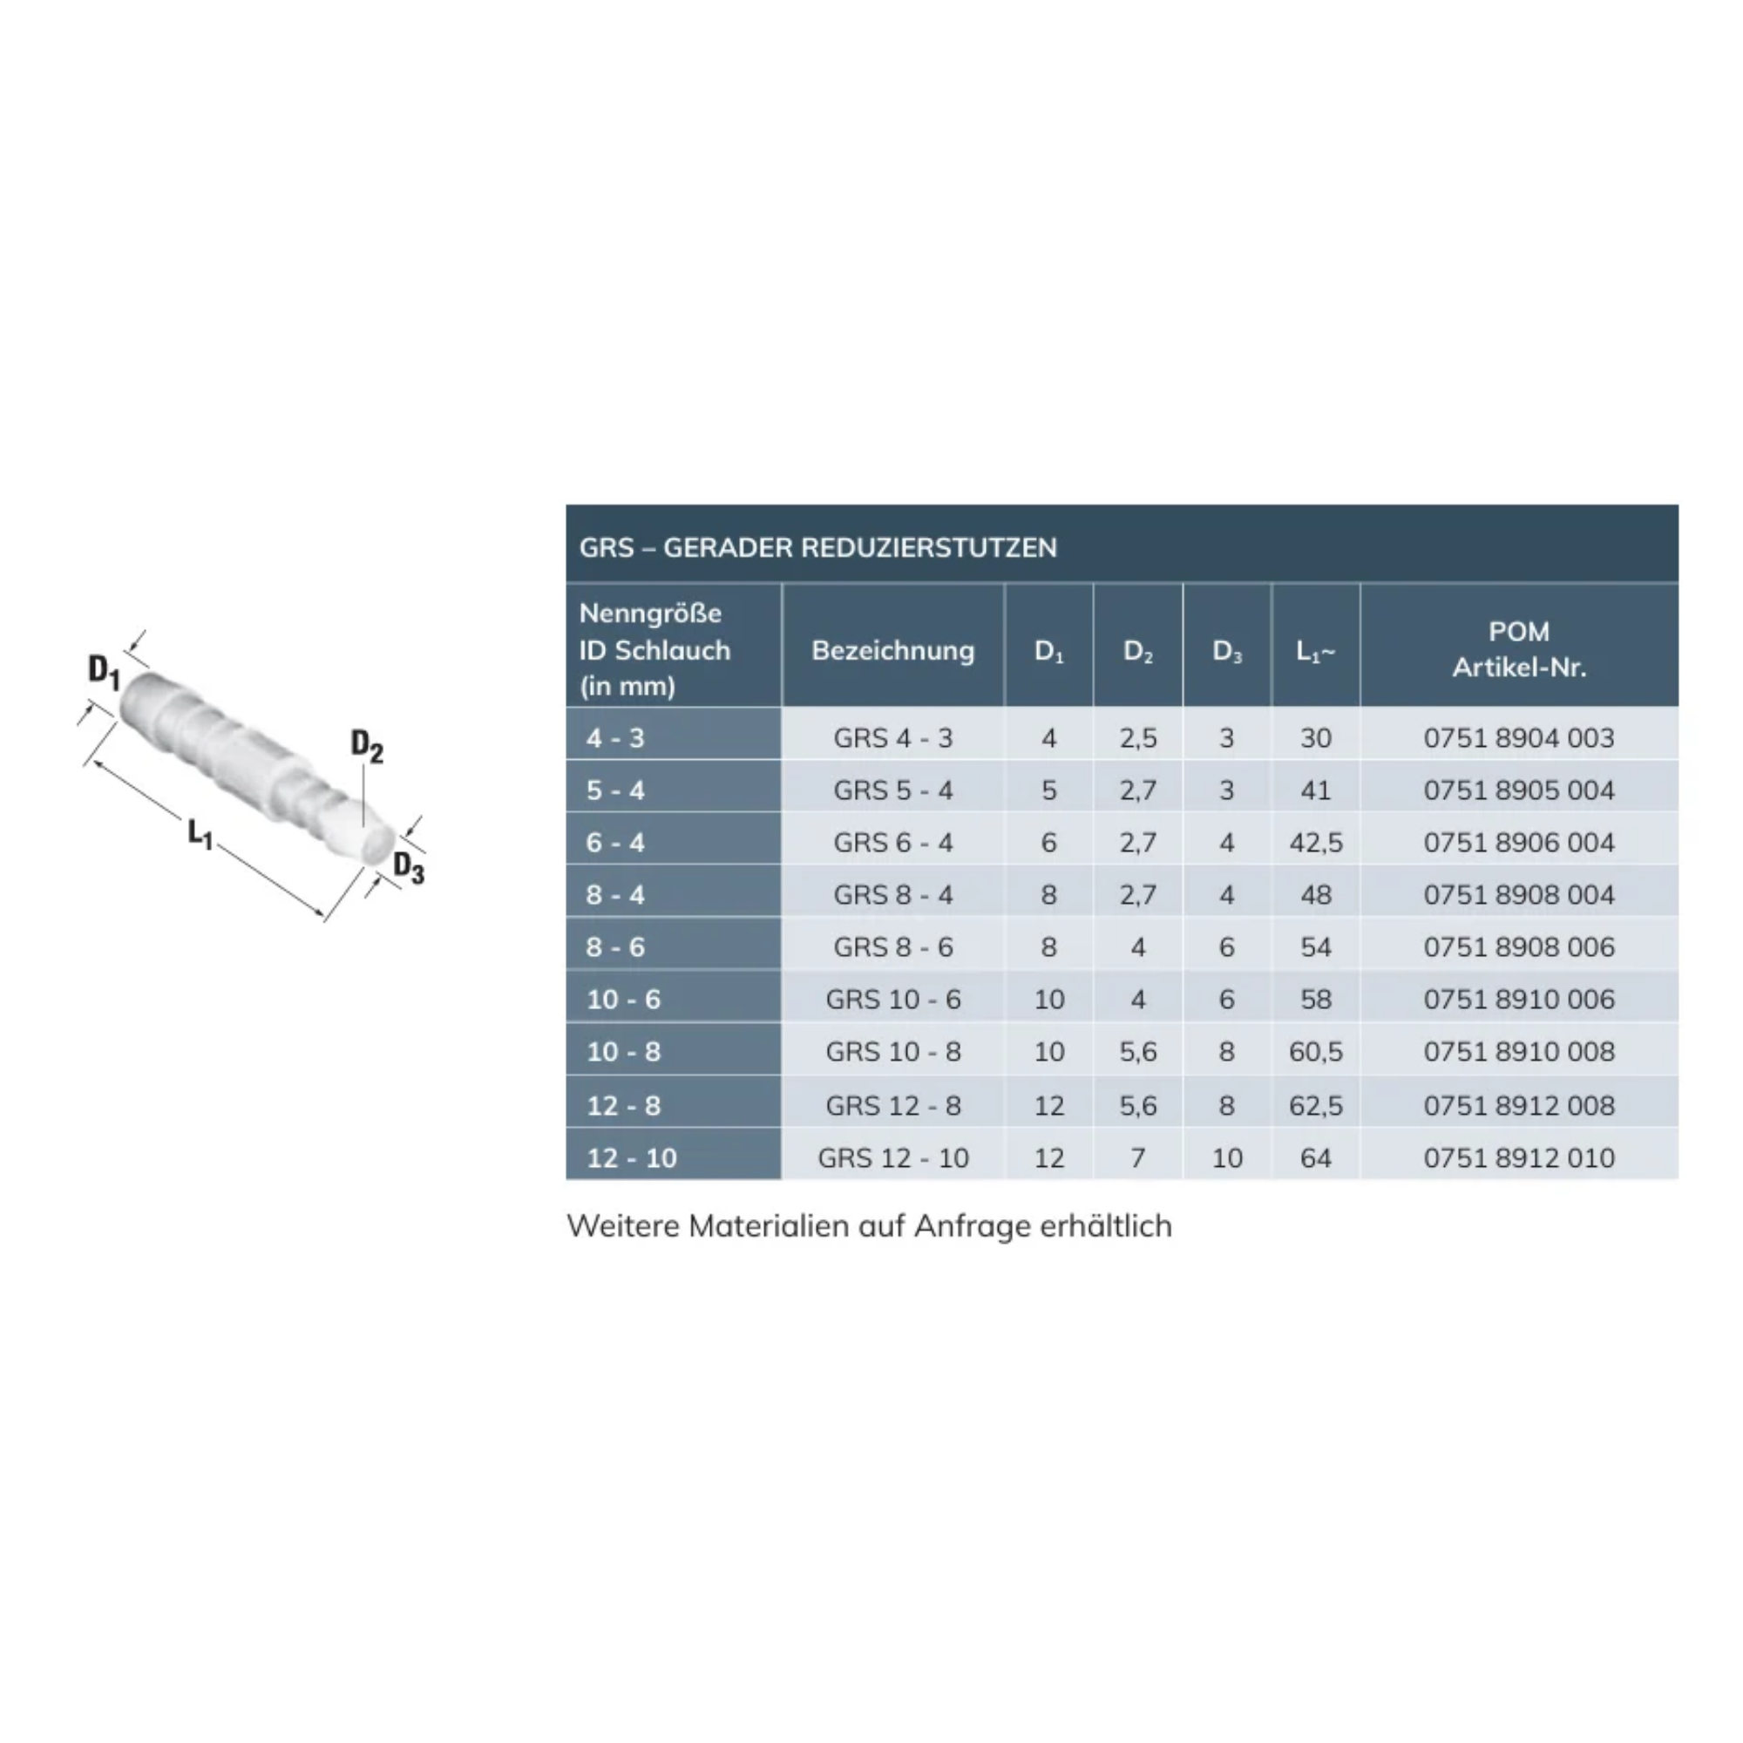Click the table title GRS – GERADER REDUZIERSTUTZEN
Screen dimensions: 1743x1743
(817, 547)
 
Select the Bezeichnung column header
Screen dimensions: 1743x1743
(893, 650)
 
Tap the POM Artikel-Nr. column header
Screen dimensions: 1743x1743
(1519, 649)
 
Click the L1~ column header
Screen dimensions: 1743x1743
(1315, 651)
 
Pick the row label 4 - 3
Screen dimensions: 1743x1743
(615, 738)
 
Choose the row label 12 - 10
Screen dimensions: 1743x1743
(632, 1157)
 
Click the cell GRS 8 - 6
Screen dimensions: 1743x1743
(893, 947)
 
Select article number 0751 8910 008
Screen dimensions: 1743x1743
(1519, 1052)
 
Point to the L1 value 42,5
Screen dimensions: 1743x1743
(1315, 843)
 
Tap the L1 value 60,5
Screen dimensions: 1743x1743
(1315, 1052)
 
